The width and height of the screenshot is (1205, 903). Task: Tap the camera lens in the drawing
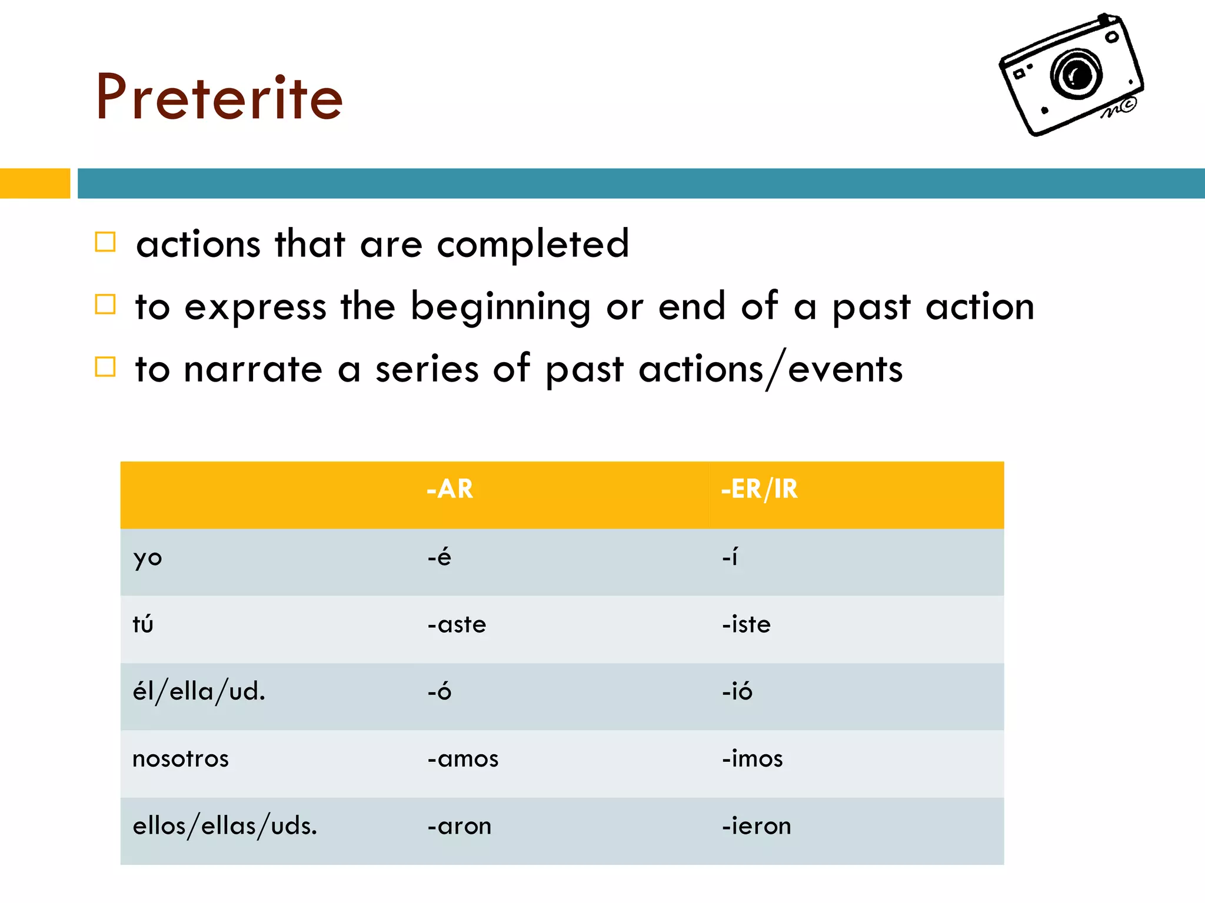coord(1077,74)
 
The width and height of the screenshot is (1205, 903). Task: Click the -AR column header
coord(450,489)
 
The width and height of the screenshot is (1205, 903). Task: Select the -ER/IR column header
coord(759,489)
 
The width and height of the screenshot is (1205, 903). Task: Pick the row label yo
coord(147,557)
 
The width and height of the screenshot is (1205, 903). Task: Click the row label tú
coord(143,624)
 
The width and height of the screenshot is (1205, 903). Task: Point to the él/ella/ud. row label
coord(199,691)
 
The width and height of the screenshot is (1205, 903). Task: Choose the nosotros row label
coord(181,759)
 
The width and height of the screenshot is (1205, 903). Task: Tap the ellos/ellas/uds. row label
coord(225,826)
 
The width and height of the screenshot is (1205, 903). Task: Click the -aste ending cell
coord(457,624)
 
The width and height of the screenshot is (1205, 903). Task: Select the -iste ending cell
coord(746,624)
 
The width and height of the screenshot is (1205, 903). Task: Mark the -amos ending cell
coord(463,759)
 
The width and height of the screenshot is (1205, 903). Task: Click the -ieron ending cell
coord(757,826)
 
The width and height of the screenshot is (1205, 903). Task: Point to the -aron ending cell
coord(460,826)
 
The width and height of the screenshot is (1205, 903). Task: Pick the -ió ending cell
coord(737,691)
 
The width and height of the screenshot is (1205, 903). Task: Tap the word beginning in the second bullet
coord(500,307)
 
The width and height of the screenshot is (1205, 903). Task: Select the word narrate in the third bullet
coord(253,370)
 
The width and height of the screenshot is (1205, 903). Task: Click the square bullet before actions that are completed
coord(105,242)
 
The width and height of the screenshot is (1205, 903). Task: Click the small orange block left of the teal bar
coord(35,183)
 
